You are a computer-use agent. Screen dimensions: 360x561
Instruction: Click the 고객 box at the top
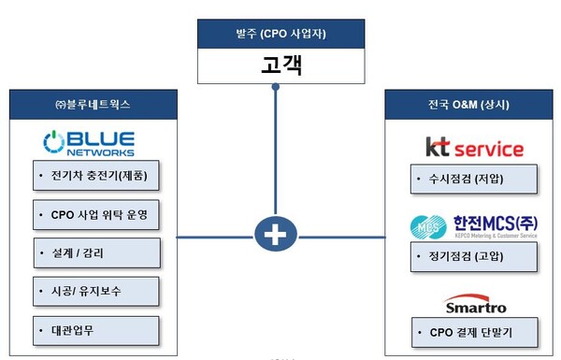click(276, 68)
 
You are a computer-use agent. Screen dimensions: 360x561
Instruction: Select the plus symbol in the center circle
click(276, 236)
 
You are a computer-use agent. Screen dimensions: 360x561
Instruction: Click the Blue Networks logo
click(89, 143)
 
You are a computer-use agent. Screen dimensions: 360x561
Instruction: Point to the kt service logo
click(474, 148)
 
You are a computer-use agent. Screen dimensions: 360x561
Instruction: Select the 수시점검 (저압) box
click(474, 178)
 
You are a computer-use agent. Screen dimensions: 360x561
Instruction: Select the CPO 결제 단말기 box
click(474, 332)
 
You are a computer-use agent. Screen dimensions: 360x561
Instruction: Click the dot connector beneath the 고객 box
click(276, 88)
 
